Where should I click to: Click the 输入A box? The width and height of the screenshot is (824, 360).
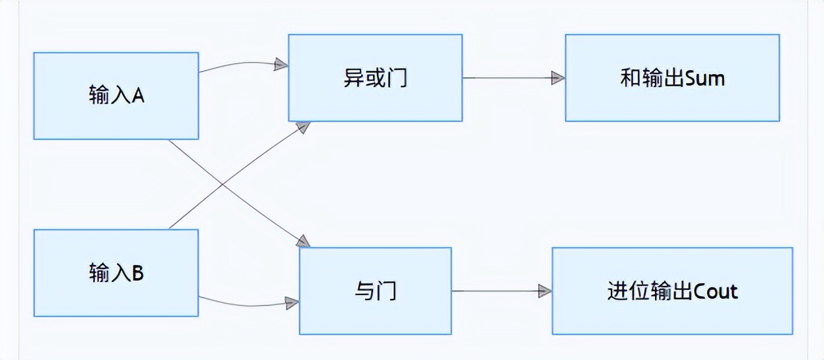(116, 96)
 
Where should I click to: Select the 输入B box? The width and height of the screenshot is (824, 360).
(116, 272)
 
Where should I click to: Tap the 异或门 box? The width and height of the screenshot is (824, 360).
(375, 78)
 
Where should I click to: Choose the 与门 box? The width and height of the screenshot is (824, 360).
(375, 290)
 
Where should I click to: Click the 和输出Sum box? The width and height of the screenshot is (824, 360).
(672, 78)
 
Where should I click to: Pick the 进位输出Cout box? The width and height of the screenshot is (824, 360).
(672, 290)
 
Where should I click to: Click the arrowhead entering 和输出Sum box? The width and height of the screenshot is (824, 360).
(558, 78)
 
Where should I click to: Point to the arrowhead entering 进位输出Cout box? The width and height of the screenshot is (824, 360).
(545, 291)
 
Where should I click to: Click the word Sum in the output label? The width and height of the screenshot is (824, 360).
(705, 79)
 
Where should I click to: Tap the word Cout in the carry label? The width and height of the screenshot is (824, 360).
(715, 291)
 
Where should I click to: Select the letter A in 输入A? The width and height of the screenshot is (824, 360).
(138, 96)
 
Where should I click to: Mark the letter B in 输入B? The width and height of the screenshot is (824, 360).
(138, 273)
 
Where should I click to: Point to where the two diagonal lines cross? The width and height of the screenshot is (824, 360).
(222, 185)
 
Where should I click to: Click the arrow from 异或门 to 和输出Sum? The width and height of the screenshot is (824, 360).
(507, 78)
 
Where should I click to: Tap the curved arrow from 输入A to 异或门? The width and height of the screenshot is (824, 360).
(240, 63)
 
